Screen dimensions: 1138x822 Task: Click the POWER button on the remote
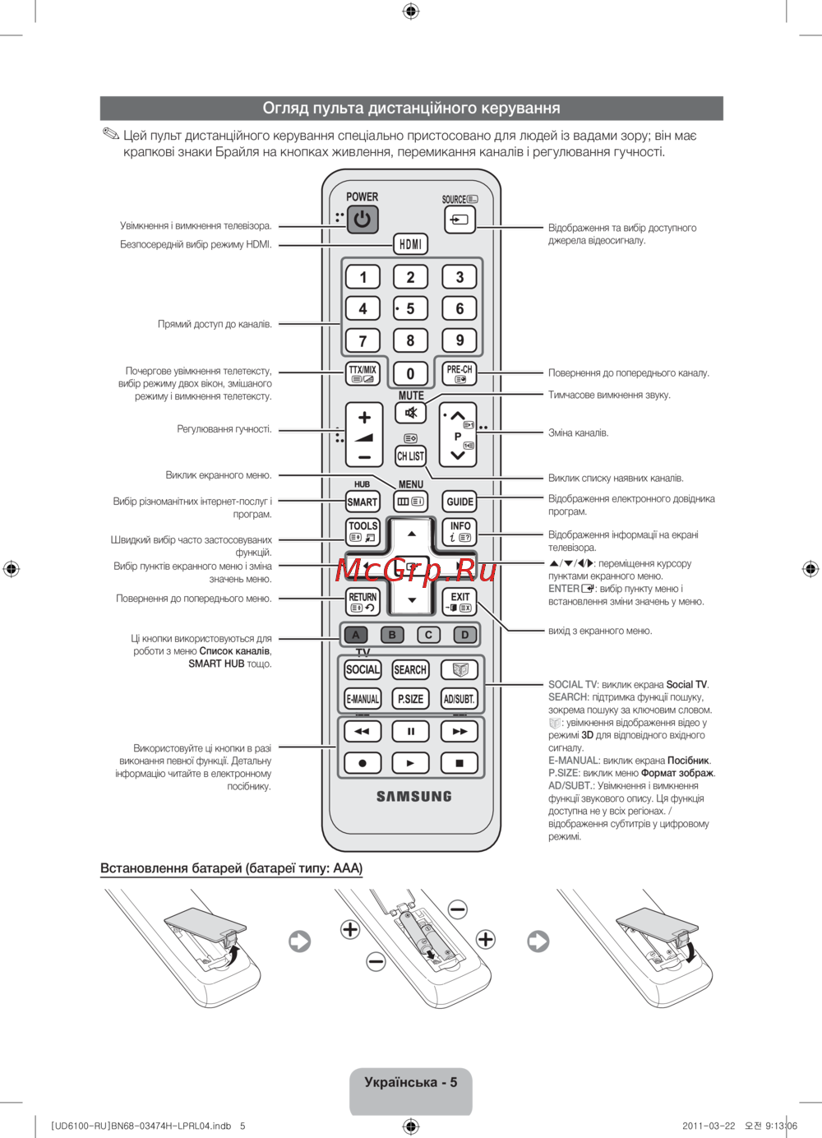[x=362, y=220]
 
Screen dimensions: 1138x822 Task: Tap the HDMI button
[x=410, y=244]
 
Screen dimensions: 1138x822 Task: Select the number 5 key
[x=410, y=309]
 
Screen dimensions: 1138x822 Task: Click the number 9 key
[x=459, y=340]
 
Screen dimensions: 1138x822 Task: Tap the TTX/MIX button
[x=363, y=374]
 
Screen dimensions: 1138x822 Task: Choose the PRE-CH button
[x=459, y=374]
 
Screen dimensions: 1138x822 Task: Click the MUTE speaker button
[x=410, y=413]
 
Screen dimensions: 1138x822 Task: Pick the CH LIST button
[x=410, y=456]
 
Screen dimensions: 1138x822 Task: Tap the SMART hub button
[x=363, y=502]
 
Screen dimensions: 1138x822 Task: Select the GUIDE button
[x=459, y=502]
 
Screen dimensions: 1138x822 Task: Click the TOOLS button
[x=363, y=531]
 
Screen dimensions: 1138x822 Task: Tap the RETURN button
[x=363, y=602]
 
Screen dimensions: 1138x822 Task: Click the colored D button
[x=464, y=635]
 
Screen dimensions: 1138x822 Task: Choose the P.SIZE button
[x=410, y=699]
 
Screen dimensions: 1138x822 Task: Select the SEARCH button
[x=410, y=670]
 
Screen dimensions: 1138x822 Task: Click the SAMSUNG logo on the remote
[x=413, y=796]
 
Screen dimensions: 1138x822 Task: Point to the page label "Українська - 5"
[x=410, y=1082]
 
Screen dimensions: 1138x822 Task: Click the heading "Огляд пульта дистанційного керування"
[x=411, y=109]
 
